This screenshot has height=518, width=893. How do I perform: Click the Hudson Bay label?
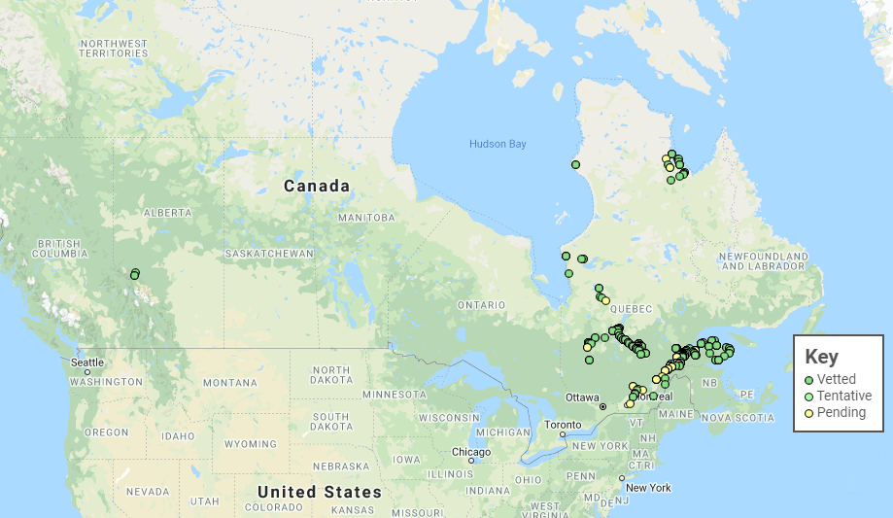pos(497,144)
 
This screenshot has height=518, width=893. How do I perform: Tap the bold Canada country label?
pos(316,186)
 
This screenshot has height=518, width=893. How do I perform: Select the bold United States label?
pos(319,492)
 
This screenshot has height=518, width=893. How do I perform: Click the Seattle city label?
pos(86,362)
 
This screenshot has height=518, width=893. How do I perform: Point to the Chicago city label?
pos(471,451)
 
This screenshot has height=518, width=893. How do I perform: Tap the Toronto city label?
pos(562,425)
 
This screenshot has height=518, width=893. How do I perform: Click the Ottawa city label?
pos(584,397)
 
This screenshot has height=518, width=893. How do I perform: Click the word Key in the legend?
pos(821,357)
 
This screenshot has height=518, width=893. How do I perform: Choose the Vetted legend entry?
pos(836,379)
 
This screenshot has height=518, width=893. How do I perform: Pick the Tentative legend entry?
pos(843,396)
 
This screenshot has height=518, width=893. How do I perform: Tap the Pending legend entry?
pos(841,412)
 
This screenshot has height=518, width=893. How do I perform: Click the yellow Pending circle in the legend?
pos(809,413)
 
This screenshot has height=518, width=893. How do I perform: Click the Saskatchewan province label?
pos(269,254)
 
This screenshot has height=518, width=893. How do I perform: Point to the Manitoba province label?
pos(366,217)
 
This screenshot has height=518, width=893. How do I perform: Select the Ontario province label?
pos(481,305)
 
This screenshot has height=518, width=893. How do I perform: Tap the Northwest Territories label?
pos(114,49)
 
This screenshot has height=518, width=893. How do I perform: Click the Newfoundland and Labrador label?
pos(764,260)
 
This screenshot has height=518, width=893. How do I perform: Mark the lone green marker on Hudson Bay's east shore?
pos(575,164)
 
